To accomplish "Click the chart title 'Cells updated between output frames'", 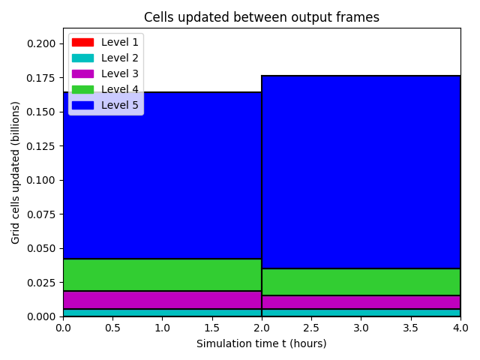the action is click(x=262, y=17).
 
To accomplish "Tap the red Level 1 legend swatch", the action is click(x=82, y=42).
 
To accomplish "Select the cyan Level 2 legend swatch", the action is click(x=82, y=58).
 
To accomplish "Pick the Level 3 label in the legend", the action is click(x=120, y=73).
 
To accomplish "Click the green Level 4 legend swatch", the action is click(x=82, y=89).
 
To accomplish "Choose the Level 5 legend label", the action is click(x=120, y=105).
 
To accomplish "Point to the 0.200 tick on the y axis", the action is click(x=41, y=43).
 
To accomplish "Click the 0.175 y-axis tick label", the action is click(x=41, y=78).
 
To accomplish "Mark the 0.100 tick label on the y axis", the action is click(x=41, y=180).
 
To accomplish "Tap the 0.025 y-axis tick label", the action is click(x=41, y=283).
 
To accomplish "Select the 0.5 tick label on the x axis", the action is click(x=112, y=328).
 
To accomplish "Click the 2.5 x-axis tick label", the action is click(x=311, y=328).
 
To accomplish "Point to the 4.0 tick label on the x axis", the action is click(x=460, y=328).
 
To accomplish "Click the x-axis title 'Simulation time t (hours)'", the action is click(x=262, y=343).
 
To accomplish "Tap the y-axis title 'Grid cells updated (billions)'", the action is click(x=15, y=172).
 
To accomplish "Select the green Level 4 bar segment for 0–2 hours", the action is click(x=162, y=274).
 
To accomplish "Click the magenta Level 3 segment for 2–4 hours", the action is click(x=361, y=302).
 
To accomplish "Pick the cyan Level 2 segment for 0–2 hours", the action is click(x=162, y=313).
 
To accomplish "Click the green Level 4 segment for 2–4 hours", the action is click(x=361, y=282).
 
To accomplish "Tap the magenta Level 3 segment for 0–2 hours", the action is click(x=162, y=300).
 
